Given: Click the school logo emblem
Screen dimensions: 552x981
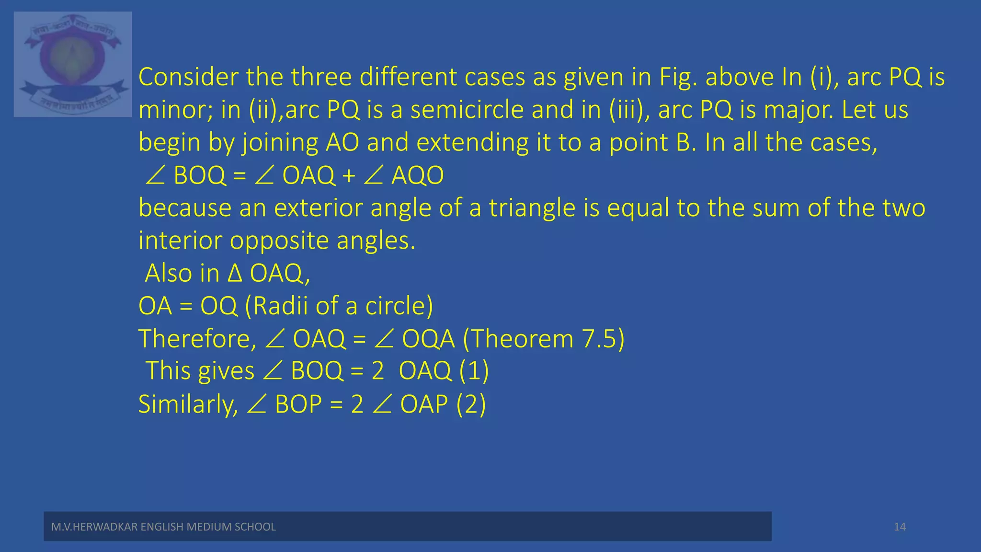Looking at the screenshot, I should pyautogui.click(x=73, y=64).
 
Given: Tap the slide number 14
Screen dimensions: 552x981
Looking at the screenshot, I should pyautogui.click(x=900, y=527).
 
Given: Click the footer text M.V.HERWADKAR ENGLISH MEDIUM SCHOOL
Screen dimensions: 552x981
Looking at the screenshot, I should pyautogui.click(x=163, y=527).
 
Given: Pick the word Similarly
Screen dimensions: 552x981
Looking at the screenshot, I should pyautogui.click(x=188, y=404).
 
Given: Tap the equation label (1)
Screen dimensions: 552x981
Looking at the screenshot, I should pyautogui.click(x=474, y=371).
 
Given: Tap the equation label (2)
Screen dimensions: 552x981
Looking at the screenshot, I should pyautogui.click(x=471, y=404).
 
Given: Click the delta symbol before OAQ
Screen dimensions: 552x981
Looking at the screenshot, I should pyautogui.click(x=235, y=274).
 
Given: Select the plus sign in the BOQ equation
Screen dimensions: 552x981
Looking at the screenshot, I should pyautogui.click(x=349, y=176).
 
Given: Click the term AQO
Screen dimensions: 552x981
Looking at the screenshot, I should pyautogui.click(x=417, y=176).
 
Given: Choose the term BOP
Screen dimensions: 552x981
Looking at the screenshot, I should pyautogui.click(x=298, y=404).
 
